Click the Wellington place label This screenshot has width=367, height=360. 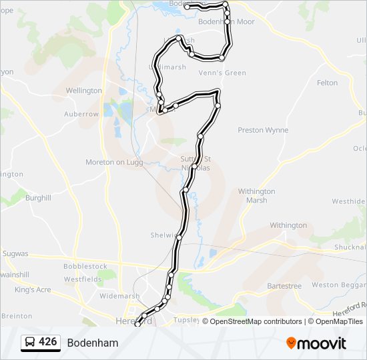pyautogui.click(x=84, y=91)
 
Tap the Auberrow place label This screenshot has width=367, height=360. pyautogui.click(x=81, y=114)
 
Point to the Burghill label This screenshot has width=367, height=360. pyautogui.click(x=38, y=198)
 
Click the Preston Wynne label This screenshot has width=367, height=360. pyautogui.click(x=263, y=130)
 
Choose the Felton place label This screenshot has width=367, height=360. pyautogui.click(x=327, y=83)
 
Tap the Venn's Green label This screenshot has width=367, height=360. pyautogui.click(x=227, y=73)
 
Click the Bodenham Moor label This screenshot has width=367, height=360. pyautogui.click(x=227, y=22)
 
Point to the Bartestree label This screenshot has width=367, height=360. pyautogui.click(x=284, y=286)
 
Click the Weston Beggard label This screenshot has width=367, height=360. pyautogui.click(x=338, y=285)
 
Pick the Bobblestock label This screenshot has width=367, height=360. pyautogui.click(x=85, y=266)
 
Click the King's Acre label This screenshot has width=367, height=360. pyautogui.click(x=33, y=290)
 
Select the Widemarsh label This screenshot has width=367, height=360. pyautogui.click(x=119, y=295)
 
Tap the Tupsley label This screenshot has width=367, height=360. pyautogui.click(x=186, y=320)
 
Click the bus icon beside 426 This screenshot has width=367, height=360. pyautogui.click(x=30, y=342)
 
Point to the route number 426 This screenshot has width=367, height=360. pyautogui.click(x=48, y=342)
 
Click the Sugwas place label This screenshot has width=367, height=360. pyautogui.click(x=15, y=253)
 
